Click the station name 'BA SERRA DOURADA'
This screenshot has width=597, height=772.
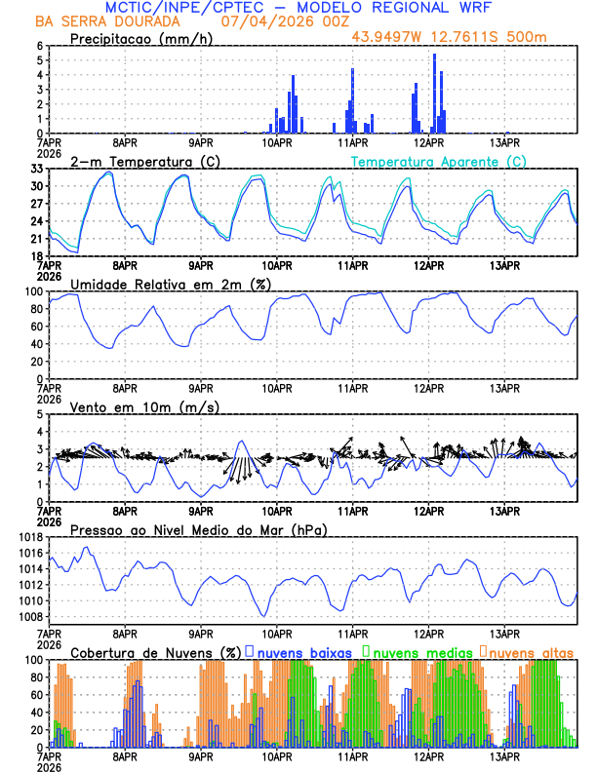coord(99,22)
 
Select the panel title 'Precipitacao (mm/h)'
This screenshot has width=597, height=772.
coord(140,38)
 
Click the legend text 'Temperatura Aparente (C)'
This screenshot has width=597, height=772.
coord(439,161)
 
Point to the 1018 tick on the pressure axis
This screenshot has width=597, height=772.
coord(30,537)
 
